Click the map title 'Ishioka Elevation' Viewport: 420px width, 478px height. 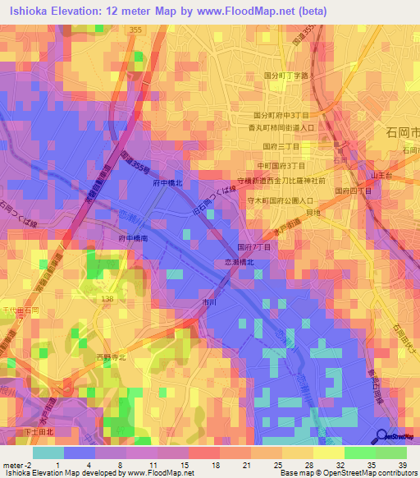point(57,10)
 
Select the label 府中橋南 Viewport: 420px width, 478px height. point(132,237)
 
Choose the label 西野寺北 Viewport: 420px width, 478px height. point(111,357)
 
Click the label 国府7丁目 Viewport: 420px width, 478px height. point(253,246)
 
